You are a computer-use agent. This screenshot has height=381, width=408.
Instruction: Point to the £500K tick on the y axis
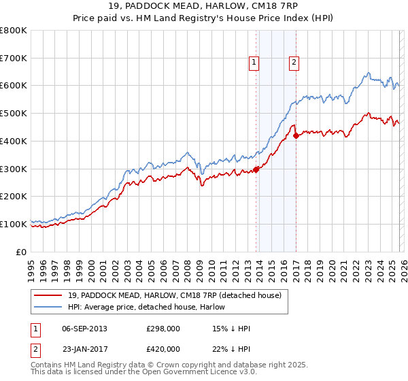pyautogui.click(x=14, y=114)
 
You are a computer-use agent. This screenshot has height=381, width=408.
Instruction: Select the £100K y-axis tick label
pyautogui.click(x=14, y=224)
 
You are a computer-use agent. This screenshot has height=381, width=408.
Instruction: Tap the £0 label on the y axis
pyautogui.click(x=20, y=252)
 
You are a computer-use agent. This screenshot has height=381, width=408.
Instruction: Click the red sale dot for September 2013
pyautogui.click(x=256, y=169)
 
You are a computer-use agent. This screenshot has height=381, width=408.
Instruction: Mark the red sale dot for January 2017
pyautogui.click(x=296, y=135)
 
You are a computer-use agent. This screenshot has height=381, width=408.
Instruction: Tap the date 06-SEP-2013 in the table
pyautogui.click(x=84, y=329)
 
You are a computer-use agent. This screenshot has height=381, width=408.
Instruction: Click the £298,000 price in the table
pyautogui.click(x=163, y=329)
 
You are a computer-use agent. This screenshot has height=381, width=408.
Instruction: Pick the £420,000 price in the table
pyautogui.click(x=163, y=349)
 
